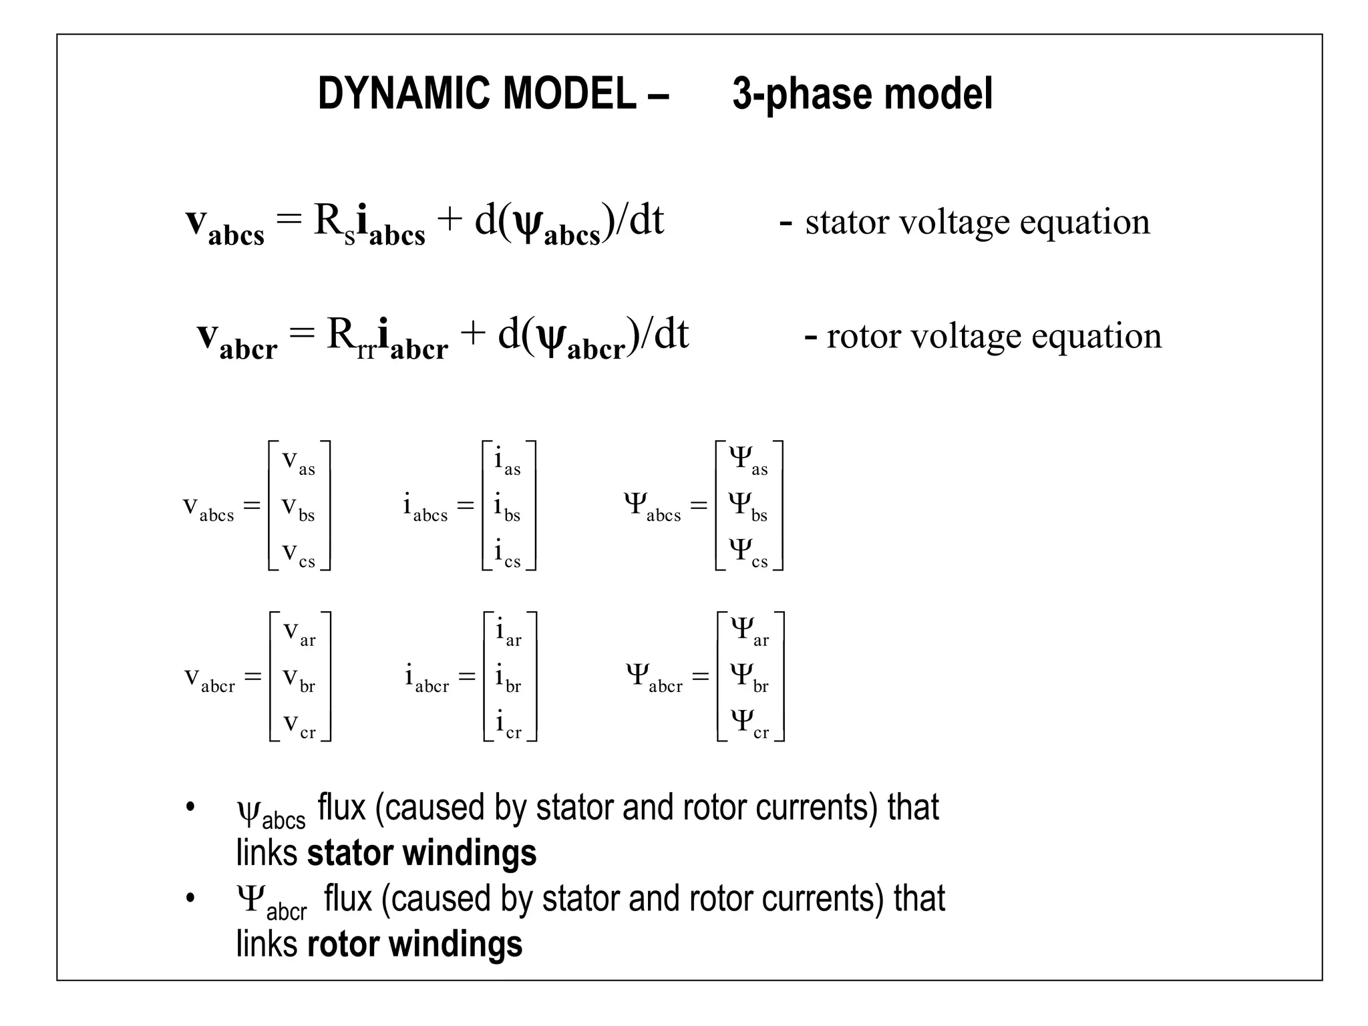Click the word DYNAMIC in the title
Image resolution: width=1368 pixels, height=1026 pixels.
[397, 94]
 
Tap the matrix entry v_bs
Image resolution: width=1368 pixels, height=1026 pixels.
[298, 508]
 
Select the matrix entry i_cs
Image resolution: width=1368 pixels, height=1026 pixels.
[507, 554]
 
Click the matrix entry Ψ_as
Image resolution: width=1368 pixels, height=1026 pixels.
[748, 461]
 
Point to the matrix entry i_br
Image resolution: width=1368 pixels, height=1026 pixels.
[508, 679]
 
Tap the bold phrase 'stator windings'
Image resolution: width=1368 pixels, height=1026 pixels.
[421, 853]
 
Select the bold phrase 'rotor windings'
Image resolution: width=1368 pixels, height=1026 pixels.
[415, 944]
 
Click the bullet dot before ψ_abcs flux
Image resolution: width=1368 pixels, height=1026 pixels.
[191, 807]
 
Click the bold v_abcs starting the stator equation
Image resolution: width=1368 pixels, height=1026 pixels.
[224, 224]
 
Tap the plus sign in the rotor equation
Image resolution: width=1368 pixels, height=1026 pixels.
[472, 333]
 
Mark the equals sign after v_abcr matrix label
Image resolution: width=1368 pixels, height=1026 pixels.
[252, 677]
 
